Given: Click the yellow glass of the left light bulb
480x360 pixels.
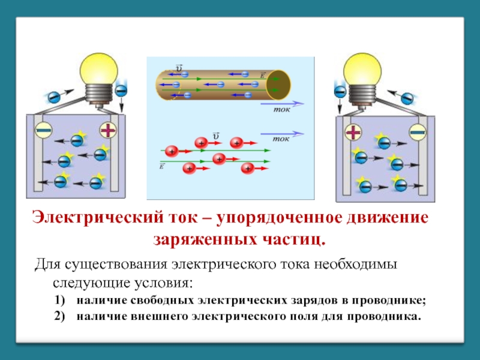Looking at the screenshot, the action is pyautogui.click(x=98, y=70).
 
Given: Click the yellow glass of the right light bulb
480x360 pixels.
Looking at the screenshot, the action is pyautogui.click(x=362, y=70).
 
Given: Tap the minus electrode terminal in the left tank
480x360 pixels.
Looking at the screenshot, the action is pyautogui.click(x=43, y=130).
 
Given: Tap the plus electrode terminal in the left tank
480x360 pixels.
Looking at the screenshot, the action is pyautogui.click(x=109, y=130).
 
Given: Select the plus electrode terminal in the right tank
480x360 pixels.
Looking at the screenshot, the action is pyautogui.click(x=353, y=133).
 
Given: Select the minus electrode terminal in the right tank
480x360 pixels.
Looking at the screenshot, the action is pyautogui.click(x=418, y=133).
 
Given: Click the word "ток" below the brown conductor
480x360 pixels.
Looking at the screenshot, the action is pyautogui.click(x=281, y=110).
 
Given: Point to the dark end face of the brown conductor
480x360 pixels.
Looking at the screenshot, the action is pyautogui.click(x=278, y=85).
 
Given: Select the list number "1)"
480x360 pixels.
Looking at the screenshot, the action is pyautogui.click(x=60, y=300).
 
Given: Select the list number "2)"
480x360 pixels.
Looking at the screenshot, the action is pyautogui.click(x=60, y=316).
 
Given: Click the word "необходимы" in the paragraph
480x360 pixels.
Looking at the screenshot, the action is pyautogui.click(x=355, y=264).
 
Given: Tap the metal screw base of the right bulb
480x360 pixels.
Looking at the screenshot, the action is pyautogui.click(x=362, y=94).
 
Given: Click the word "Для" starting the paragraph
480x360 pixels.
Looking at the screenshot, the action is pyautogui.click(x=47, y=264).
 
